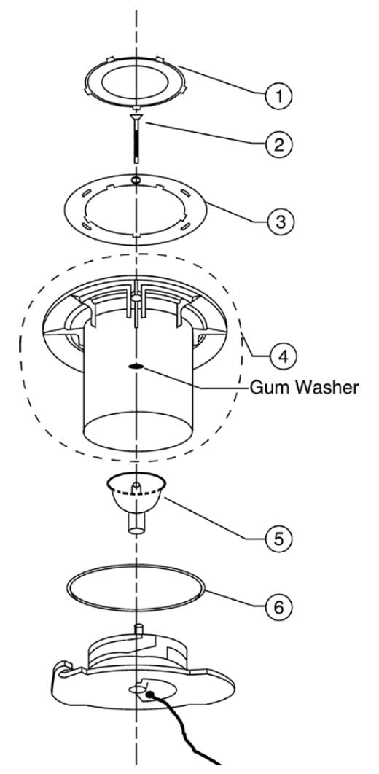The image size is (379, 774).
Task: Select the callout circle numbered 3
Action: (280, 221)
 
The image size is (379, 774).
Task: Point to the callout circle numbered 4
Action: (283, 355)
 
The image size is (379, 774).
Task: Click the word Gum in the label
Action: (269, 388)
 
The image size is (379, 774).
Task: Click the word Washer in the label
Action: (327, 388)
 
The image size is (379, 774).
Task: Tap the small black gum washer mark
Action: (136, 367)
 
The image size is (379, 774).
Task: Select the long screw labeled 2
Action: (136, 138)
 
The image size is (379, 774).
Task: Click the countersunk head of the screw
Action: (136, 117)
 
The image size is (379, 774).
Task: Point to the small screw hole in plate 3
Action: (136, 180)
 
